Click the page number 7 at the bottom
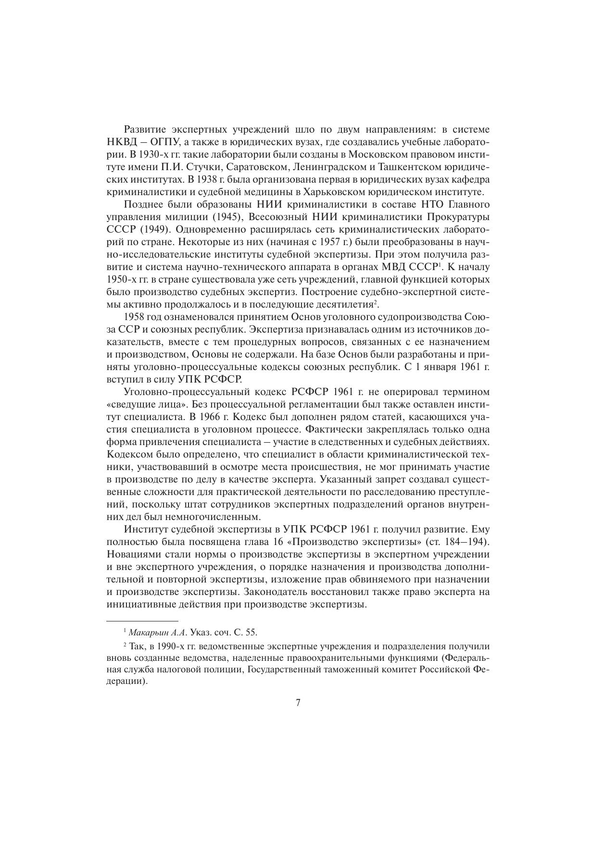click(x=298, y=703)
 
